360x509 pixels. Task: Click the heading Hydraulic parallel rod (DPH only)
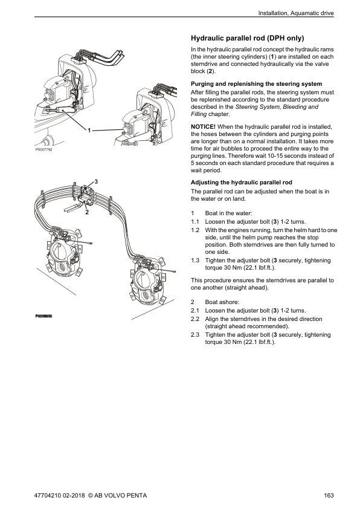[248, 38]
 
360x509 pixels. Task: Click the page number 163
[329, 495]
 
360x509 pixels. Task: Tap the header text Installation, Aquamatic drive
[296, 13]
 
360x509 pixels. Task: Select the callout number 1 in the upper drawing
[89, 130]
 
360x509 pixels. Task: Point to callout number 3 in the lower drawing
[96, 181]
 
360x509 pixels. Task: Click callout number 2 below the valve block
[86, 213]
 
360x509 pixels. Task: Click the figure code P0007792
[43, 150]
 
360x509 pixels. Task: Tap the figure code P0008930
[43, 316]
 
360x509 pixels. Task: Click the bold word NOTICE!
[203, 127]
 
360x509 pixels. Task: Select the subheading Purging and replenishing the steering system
[256, 84]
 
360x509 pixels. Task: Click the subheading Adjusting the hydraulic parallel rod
[241, 183]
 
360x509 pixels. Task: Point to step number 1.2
[195, 230]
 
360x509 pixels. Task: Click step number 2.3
[195, 335]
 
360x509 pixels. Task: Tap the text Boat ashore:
[222, 302]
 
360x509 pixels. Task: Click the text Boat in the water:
[228, 213]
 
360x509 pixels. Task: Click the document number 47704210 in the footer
[46, 495]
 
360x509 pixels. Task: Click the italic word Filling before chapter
[199, 114]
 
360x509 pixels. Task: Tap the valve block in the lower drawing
[86, 195]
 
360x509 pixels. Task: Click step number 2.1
[195, 311]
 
